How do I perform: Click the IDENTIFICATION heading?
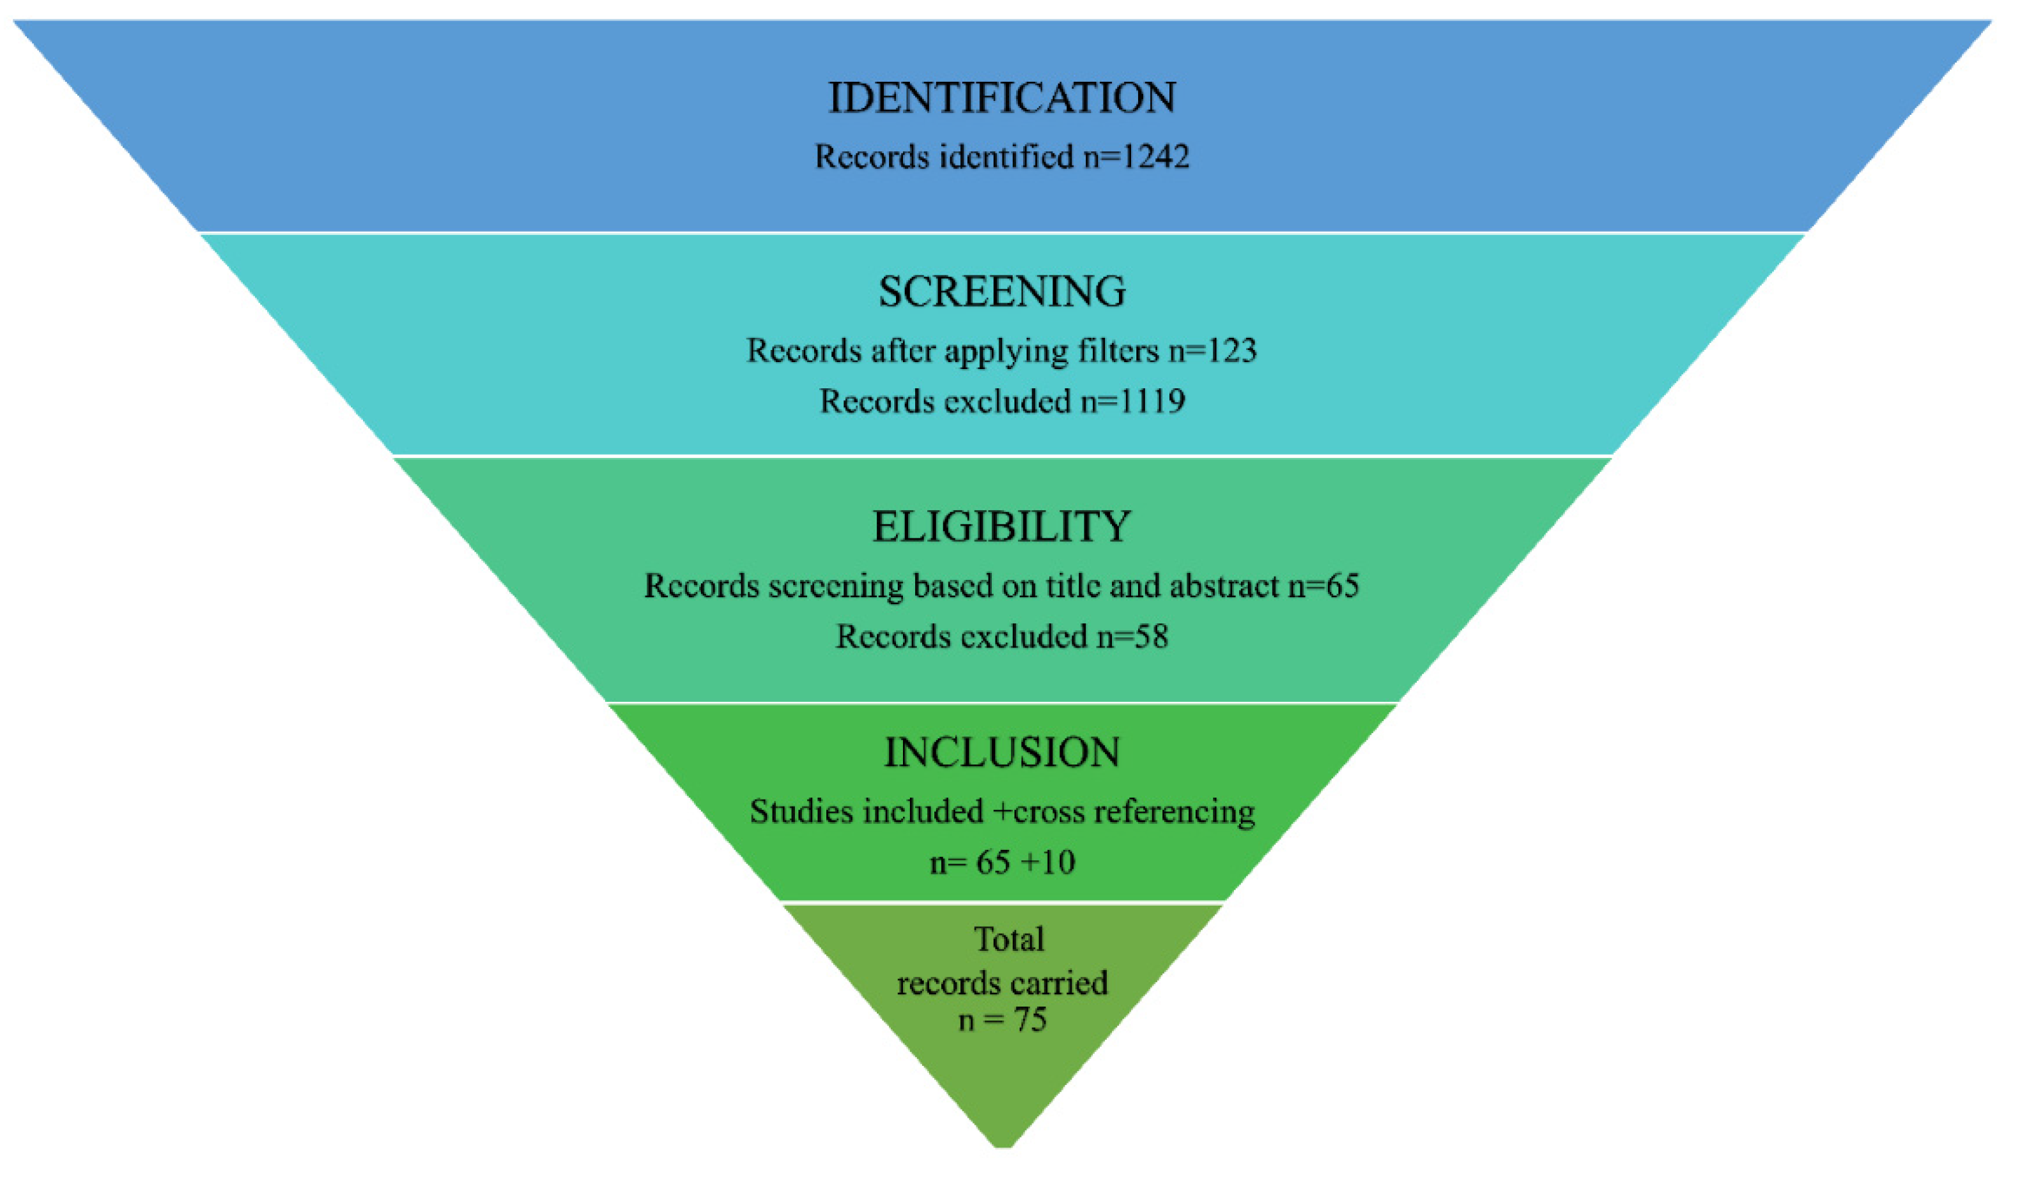(x=1002, y=98)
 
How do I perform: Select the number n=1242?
(x=1137, y=156)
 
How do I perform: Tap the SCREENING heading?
(x=1002, y=292)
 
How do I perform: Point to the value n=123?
(x=1212, y=351)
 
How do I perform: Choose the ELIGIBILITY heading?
(x=1002, y=528)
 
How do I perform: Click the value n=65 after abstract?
(x=1323, y=586)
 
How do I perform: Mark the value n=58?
(x=1132, y=637)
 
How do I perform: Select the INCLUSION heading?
(x=1002, y=753)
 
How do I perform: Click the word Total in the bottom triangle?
(x=1009, y=939)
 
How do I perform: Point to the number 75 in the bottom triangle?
(x=1030, y=1020)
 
